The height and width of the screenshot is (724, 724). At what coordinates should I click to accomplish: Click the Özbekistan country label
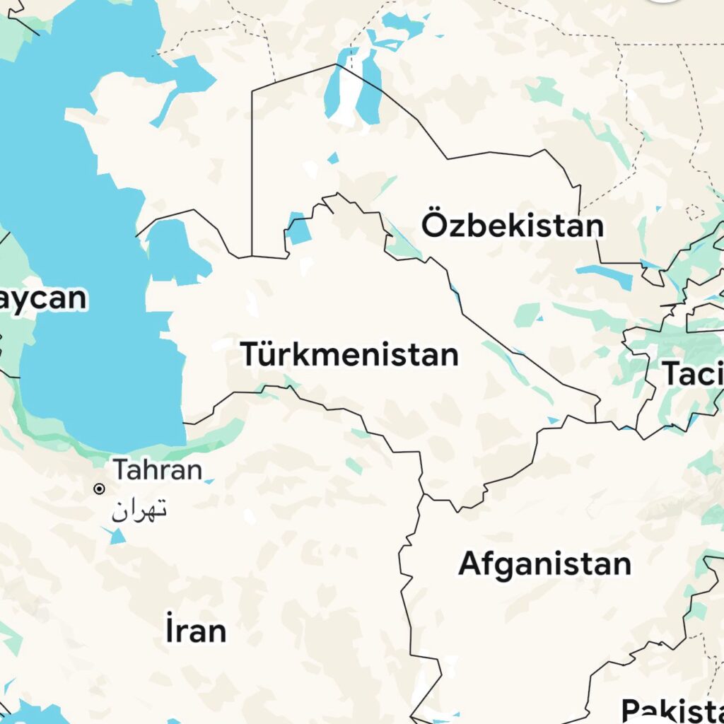click(x=513, y=226)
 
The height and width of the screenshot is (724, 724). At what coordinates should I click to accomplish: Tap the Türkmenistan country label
click(x=349, y=354)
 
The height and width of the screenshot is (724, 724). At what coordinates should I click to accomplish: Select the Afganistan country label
click(x=544, y=564)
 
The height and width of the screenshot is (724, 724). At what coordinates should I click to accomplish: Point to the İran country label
click(x=196, y=630)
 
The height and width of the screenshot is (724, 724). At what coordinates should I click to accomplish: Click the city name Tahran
click(x=158, y=469)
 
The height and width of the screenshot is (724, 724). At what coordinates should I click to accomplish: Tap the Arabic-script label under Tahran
click(x=139, y=509)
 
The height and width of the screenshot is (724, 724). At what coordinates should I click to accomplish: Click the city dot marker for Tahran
click(x=100, y=489)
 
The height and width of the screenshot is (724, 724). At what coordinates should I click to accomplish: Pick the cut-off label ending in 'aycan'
click(x=42, y=298)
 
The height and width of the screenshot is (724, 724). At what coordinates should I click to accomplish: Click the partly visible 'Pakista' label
click(x=672, y=709)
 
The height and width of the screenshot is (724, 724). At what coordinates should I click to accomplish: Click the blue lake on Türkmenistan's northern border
click(x=298, y=230)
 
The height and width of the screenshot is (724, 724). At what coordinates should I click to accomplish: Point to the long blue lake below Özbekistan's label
click(x=605, y=276)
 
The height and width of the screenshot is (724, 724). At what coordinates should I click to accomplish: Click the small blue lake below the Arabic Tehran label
click(x=117, y=535)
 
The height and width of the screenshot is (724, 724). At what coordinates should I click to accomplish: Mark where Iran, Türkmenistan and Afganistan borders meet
click(x=423, y=496)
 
